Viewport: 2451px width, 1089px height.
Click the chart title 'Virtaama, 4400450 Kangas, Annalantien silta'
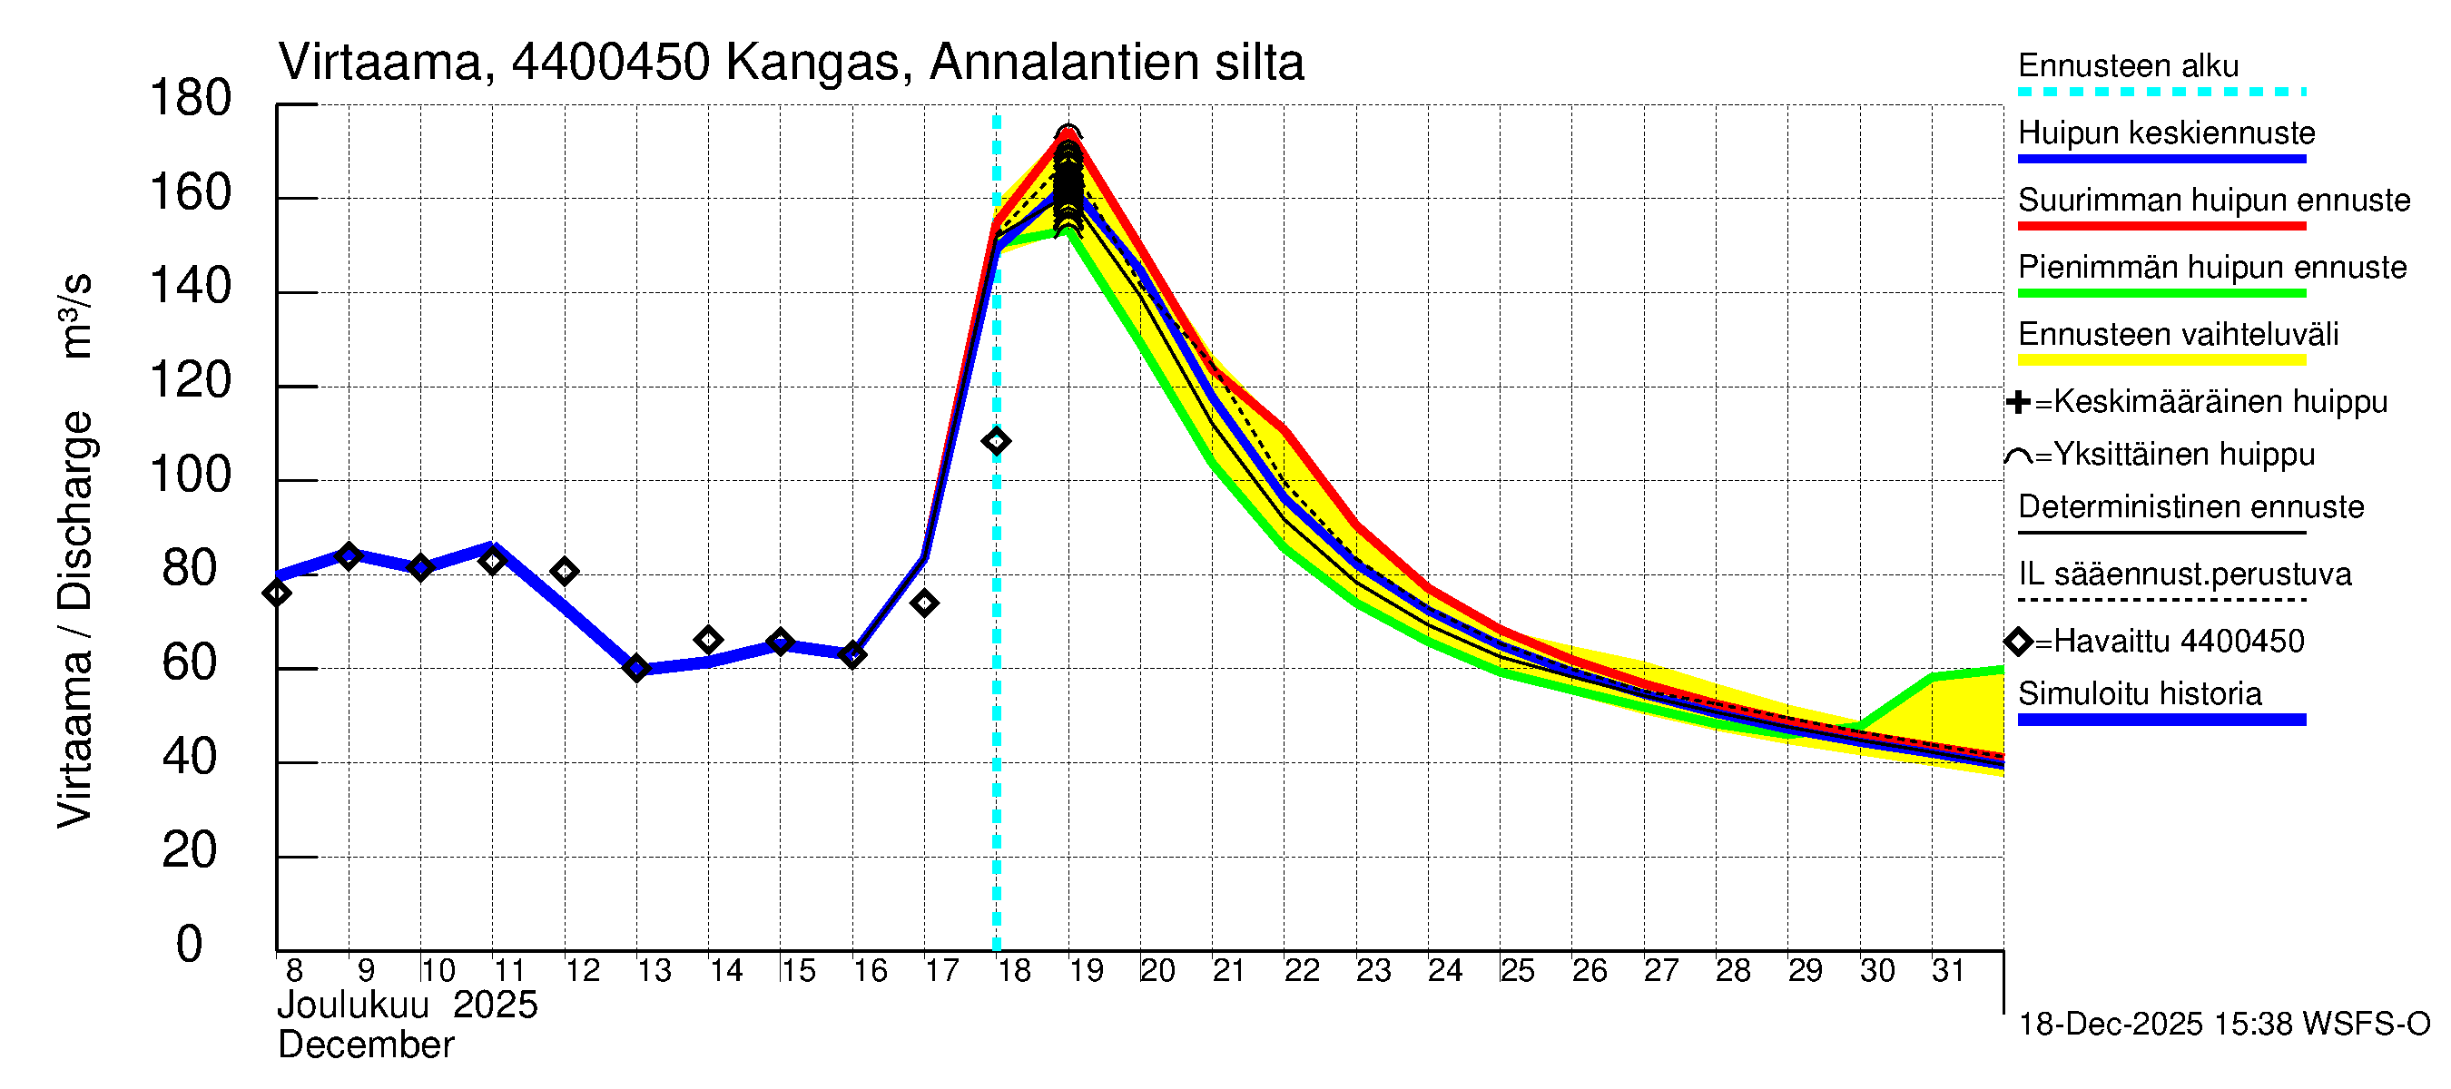click(x=791, y=63)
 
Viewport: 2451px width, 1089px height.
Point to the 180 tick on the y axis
click(x=191, y=99)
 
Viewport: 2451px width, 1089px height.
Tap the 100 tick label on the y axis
click(x=191, y=475)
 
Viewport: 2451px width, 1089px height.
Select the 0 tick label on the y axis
click(x=190, y=945)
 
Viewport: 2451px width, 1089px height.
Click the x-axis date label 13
click(x=654, y=971)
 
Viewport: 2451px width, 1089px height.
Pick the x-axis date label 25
click(x=1517, y=971)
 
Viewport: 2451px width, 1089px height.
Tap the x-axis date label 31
click(x=1948, y=971)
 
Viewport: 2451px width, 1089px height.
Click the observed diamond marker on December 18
click(x=996, y=441)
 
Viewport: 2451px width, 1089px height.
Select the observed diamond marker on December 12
click(x=565, y=572)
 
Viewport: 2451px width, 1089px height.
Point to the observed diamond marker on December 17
click(x=924, y=603)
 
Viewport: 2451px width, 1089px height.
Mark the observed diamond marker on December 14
click(x=708, y=640)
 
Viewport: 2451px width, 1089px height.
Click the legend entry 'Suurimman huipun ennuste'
click(x=2213, y=201)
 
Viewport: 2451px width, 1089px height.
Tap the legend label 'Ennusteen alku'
click(x=2128, y=66)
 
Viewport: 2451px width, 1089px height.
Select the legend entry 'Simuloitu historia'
click(x=2139, y=694)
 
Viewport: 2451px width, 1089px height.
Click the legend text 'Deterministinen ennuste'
click(x=2190, y=507)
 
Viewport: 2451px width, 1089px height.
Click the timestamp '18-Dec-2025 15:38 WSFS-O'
click(x=2223, y=1025)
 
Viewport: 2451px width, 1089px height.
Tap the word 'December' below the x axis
click(x=365, y=1045)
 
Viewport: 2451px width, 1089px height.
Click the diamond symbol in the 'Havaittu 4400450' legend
click(x=2018, y=642)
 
